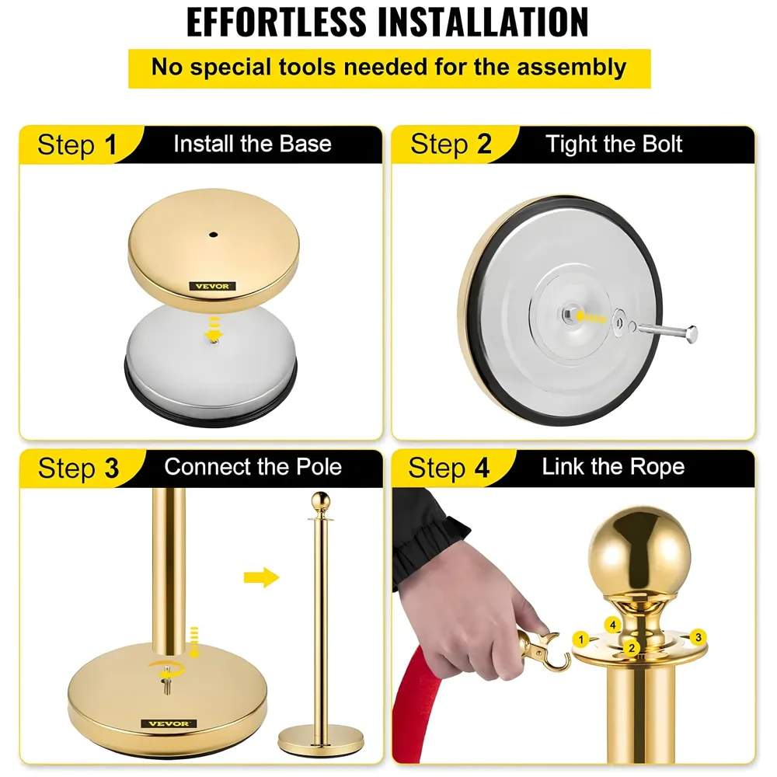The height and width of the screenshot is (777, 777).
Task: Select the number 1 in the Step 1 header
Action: click(x=110, y=145)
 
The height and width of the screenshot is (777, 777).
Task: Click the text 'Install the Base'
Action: click(x=252, y=144)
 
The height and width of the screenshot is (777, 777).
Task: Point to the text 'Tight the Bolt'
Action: click(x=614, y=144)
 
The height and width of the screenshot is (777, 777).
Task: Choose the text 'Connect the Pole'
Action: click(x=253, y=467)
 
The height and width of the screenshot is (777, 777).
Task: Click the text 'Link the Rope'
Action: click(x=613, y=467)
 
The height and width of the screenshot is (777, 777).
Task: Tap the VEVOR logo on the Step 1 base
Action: click(x=212, y=286)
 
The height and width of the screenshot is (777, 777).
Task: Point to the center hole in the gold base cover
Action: click(x=212, y=232)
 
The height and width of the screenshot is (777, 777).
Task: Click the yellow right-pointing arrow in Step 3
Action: click(x=260, y=577)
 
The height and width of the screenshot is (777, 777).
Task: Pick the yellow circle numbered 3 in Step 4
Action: click(x=698, y=637)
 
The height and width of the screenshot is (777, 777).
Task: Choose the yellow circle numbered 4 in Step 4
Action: click(x=612, y=625)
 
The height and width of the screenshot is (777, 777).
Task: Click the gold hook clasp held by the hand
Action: click(x=543, y=651)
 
